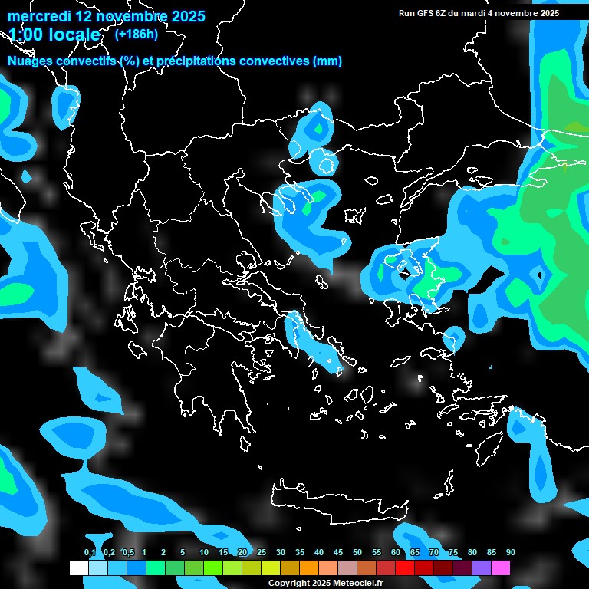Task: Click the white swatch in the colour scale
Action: (78, 568)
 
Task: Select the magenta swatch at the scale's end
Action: (501, 568)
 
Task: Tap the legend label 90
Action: (511, 553)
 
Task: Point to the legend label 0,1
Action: (90, 553)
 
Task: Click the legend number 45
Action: (338, 553)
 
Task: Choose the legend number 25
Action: (262, 553)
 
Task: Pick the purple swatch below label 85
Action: (482, 568)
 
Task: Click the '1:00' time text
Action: (28, 35)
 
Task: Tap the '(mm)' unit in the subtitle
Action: (327, 61)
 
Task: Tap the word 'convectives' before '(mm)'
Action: (274, 61)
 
